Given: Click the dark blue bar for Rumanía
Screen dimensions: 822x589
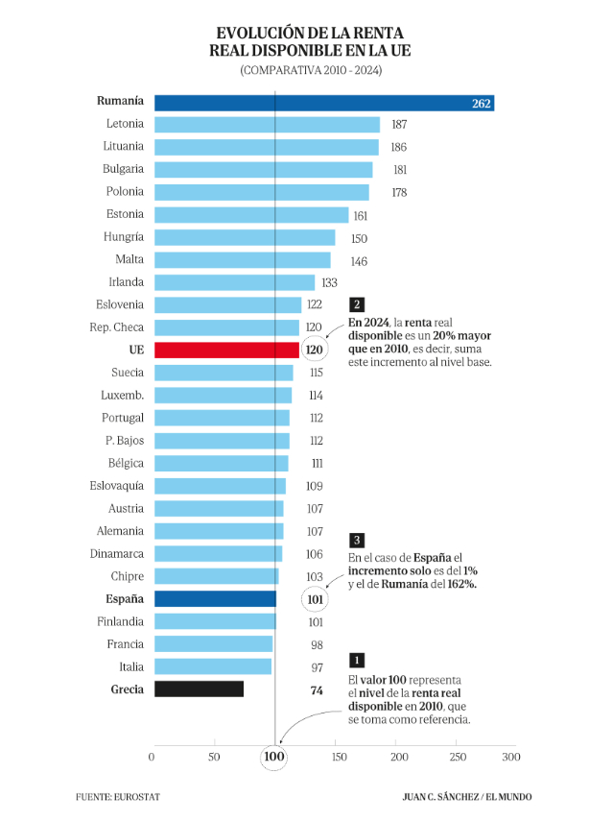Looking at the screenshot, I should tap(324, 102).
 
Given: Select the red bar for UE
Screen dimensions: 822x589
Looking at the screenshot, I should tap(226, 351).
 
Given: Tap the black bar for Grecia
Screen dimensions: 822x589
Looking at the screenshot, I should tap(199, 689).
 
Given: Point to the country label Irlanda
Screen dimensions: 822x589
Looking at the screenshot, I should tap(125, 282).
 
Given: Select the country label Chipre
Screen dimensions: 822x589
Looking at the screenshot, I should tap(127, 576).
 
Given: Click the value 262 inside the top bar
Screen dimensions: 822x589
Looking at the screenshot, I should tap(482, 103).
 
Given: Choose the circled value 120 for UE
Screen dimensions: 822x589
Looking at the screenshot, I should tap(314, 351).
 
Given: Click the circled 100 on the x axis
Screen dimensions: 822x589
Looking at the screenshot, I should tap(274, 759).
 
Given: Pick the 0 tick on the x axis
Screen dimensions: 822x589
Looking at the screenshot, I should tap(153, 758).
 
